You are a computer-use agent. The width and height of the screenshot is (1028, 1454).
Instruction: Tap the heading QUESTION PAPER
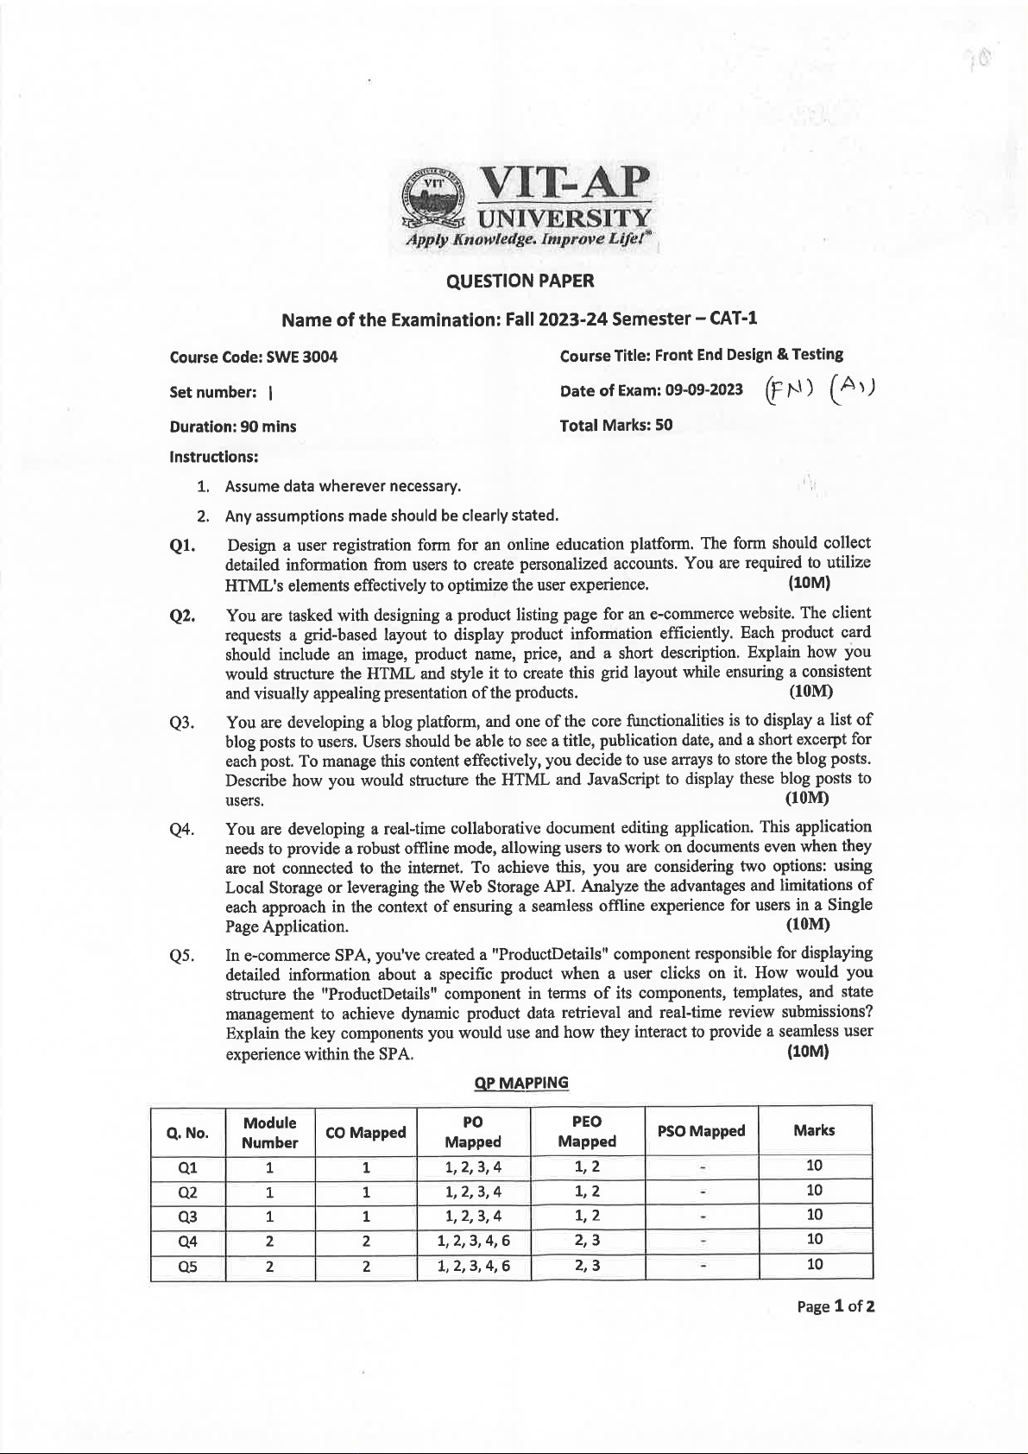click(x=520, y=281)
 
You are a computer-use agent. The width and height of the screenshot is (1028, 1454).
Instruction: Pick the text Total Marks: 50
click(x=615, y=425)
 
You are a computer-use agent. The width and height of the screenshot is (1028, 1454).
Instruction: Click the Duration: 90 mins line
click(x=233, y=426)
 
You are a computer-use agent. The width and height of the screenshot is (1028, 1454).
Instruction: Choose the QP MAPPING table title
click(x=521, y=1083)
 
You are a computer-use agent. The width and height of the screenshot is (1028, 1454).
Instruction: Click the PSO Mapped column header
click(x=701, y=1130)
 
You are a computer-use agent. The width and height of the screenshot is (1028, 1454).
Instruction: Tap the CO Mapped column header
click(x=365, y=1132)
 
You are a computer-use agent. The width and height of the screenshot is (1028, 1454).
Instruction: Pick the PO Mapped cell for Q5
click(x=473, y=1266)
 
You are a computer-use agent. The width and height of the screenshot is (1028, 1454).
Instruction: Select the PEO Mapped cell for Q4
click(x=587, y=1241)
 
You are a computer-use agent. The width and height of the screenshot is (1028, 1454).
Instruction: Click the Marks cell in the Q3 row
click(x=814, y=1215)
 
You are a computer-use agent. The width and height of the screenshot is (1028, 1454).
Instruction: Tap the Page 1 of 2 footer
click(x=836, y=1305)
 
